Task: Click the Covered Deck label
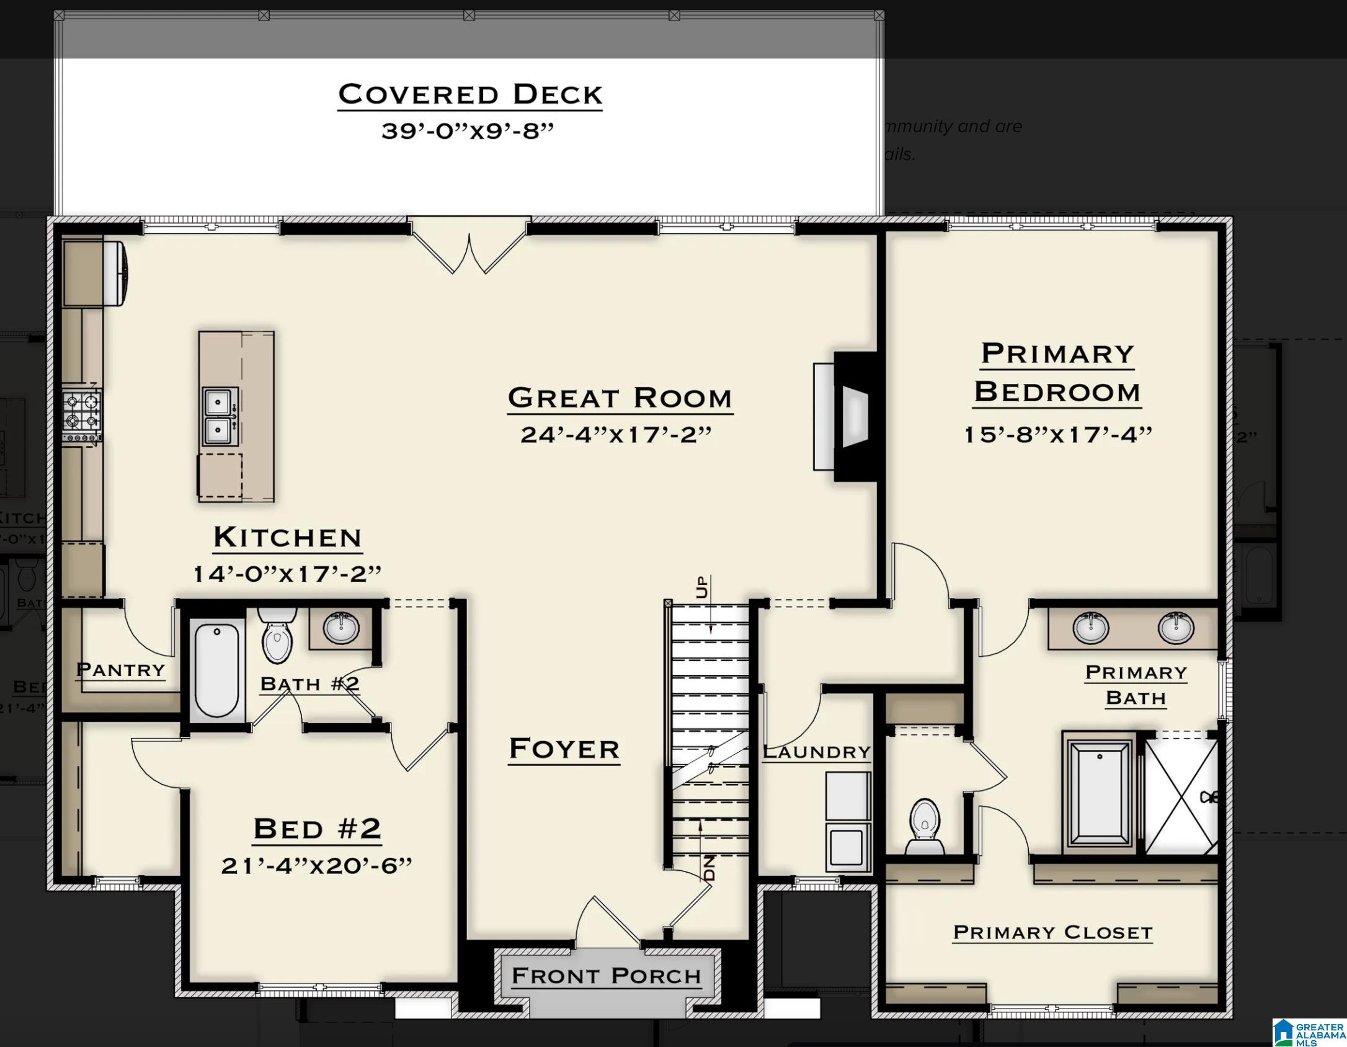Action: (469, 94)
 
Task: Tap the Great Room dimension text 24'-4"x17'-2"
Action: (615, 435)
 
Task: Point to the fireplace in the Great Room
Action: (850, 416)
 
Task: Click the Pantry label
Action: (120, 670)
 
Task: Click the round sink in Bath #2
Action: (340, 628)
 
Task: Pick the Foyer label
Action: (564, 749)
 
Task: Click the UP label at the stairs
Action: (701, 587)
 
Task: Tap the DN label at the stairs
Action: (709, 868)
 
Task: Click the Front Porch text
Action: (606, 976)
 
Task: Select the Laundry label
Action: (816, 752)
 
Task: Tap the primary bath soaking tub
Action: (1100, 794)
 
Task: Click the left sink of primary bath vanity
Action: (1090, 628)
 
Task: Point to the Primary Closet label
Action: (1052, 932)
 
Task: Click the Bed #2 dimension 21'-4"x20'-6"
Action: (316, 865)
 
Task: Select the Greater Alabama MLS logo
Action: (1309, 1032)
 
